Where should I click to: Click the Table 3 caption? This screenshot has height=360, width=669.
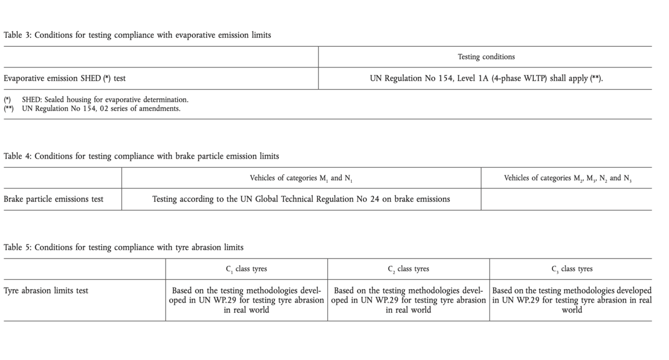[137, 35]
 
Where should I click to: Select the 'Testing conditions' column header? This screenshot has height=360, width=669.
[486, 57]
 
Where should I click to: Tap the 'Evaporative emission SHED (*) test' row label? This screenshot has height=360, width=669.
[65, 79]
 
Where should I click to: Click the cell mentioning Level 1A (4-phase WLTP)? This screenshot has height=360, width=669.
[486, 79]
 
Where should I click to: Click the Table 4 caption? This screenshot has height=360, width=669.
[141, 156]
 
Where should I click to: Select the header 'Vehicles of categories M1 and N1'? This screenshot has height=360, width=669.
[301, 178]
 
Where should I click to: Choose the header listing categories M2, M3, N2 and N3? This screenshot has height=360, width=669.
[568, 178]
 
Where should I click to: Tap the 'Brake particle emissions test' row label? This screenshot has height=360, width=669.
[54, 199]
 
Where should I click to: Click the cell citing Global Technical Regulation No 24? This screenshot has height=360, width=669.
[301, 199]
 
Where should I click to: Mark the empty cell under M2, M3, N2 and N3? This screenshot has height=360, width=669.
[568, 199]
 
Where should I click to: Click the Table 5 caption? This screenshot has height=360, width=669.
[123, 247]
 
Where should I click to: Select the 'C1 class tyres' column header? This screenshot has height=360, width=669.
[246, 269]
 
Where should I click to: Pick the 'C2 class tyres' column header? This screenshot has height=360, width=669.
[409, 269]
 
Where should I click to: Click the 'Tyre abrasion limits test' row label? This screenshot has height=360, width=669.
[46, 290]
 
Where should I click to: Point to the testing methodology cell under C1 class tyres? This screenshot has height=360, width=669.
[246, 300]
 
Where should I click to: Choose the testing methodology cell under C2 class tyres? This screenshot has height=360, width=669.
[409, 300]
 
